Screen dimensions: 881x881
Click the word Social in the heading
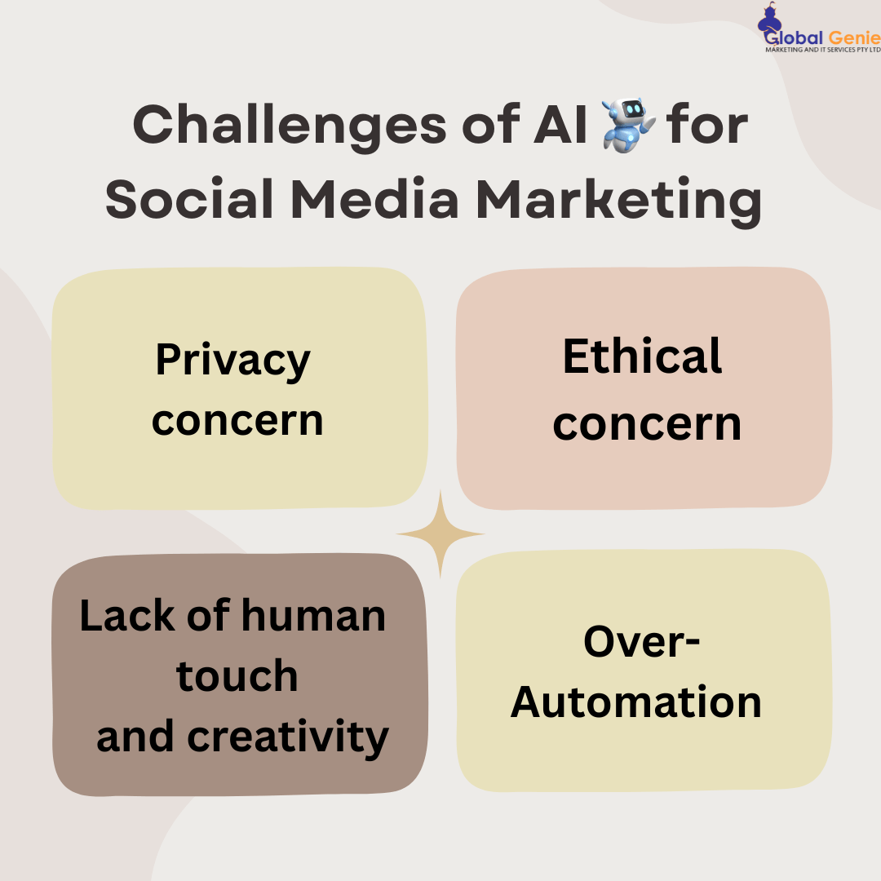click(x=190, y=201)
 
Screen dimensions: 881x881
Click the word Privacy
click(x=233, y=360)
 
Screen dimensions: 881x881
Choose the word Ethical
click(x=643, y=356)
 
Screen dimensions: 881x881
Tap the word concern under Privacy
click(x=237, y=420)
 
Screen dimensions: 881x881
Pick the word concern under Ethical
click(x=647, y=424)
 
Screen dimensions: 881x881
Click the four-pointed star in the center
click(x=440, y=534)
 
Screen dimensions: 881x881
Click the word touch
click(x=237, y=676)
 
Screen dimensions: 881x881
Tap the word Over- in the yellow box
click(x=642, y=642)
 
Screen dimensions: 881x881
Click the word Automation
click(x=636, y=702)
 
